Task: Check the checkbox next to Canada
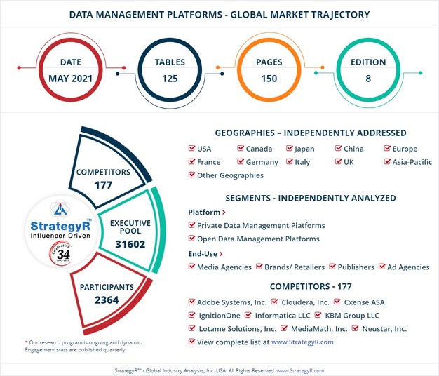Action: click(x=241, y=149)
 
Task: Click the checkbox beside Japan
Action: click(x=289, y=149)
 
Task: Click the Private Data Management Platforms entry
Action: click(x=261, y=226)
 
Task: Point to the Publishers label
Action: click(x=356, y=267)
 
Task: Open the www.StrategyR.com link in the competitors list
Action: click(x=302, y=342)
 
